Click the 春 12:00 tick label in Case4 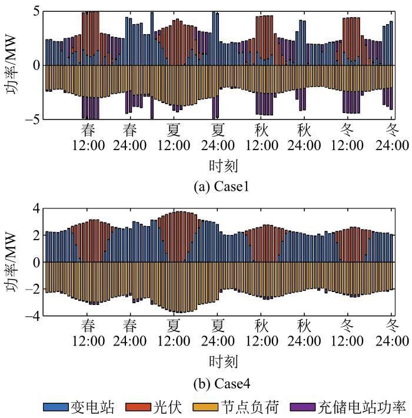point(88,333)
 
